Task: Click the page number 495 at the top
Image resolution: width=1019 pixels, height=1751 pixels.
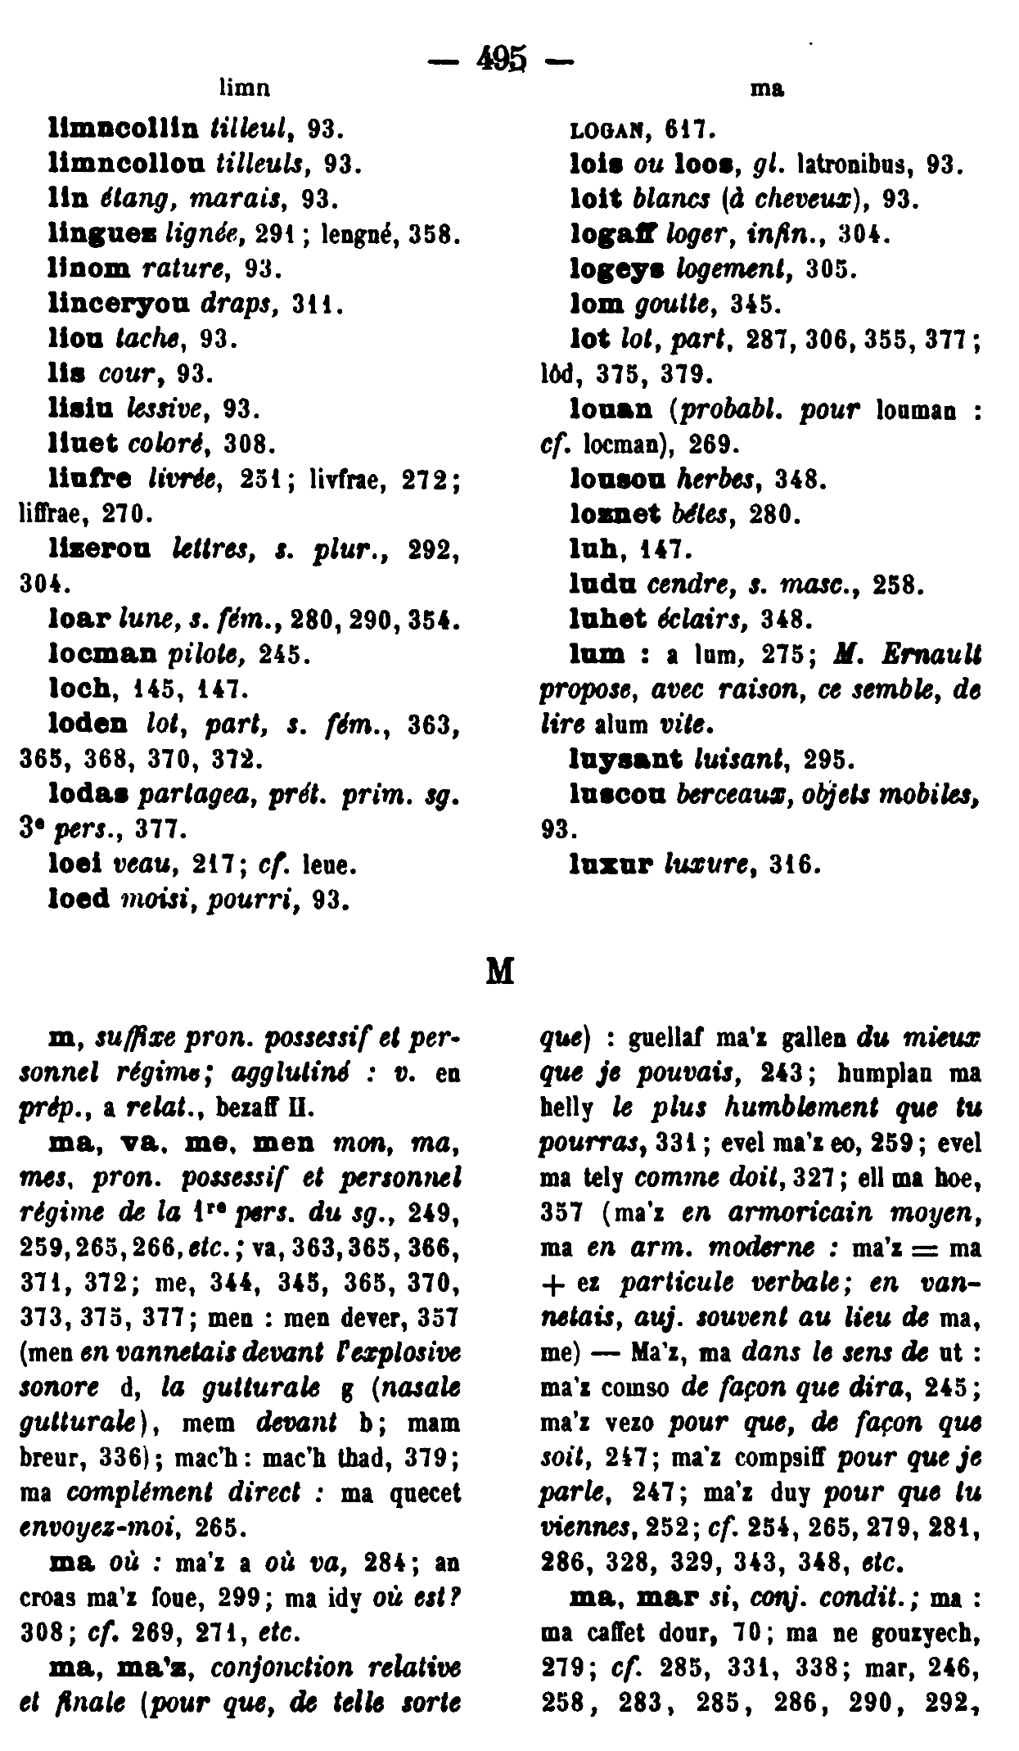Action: coord(498,60)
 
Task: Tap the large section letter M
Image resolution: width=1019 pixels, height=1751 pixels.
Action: coord(500,971)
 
